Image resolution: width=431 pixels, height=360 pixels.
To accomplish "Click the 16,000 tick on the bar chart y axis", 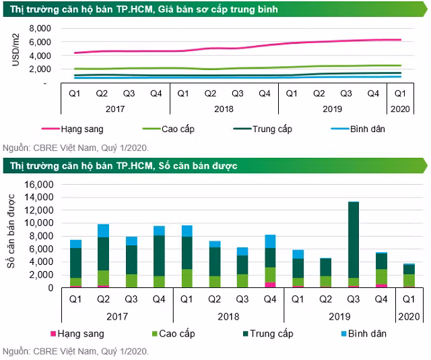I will point(36,184).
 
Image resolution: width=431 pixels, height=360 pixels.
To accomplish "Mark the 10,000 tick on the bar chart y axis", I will point(36,223).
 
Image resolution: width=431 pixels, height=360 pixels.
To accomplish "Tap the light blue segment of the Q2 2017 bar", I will point(102,231).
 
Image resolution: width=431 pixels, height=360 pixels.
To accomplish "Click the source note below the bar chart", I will point(75,351).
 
